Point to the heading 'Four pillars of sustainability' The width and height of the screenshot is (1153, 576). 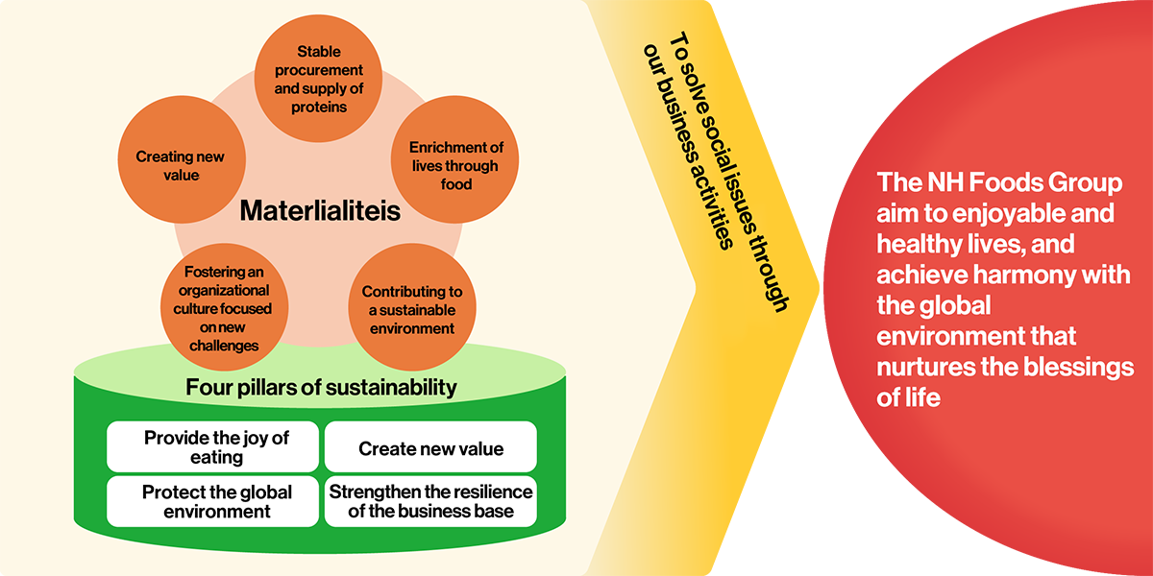(x=320, y=388)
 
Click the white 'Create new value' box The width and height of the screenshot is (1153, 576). (x=430, y=448)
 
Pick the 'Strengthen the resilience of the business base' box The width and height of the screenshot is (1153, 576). (x=430, y=501)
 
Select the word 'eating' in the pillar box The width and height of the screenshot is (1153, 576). (x=217, y=457)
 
